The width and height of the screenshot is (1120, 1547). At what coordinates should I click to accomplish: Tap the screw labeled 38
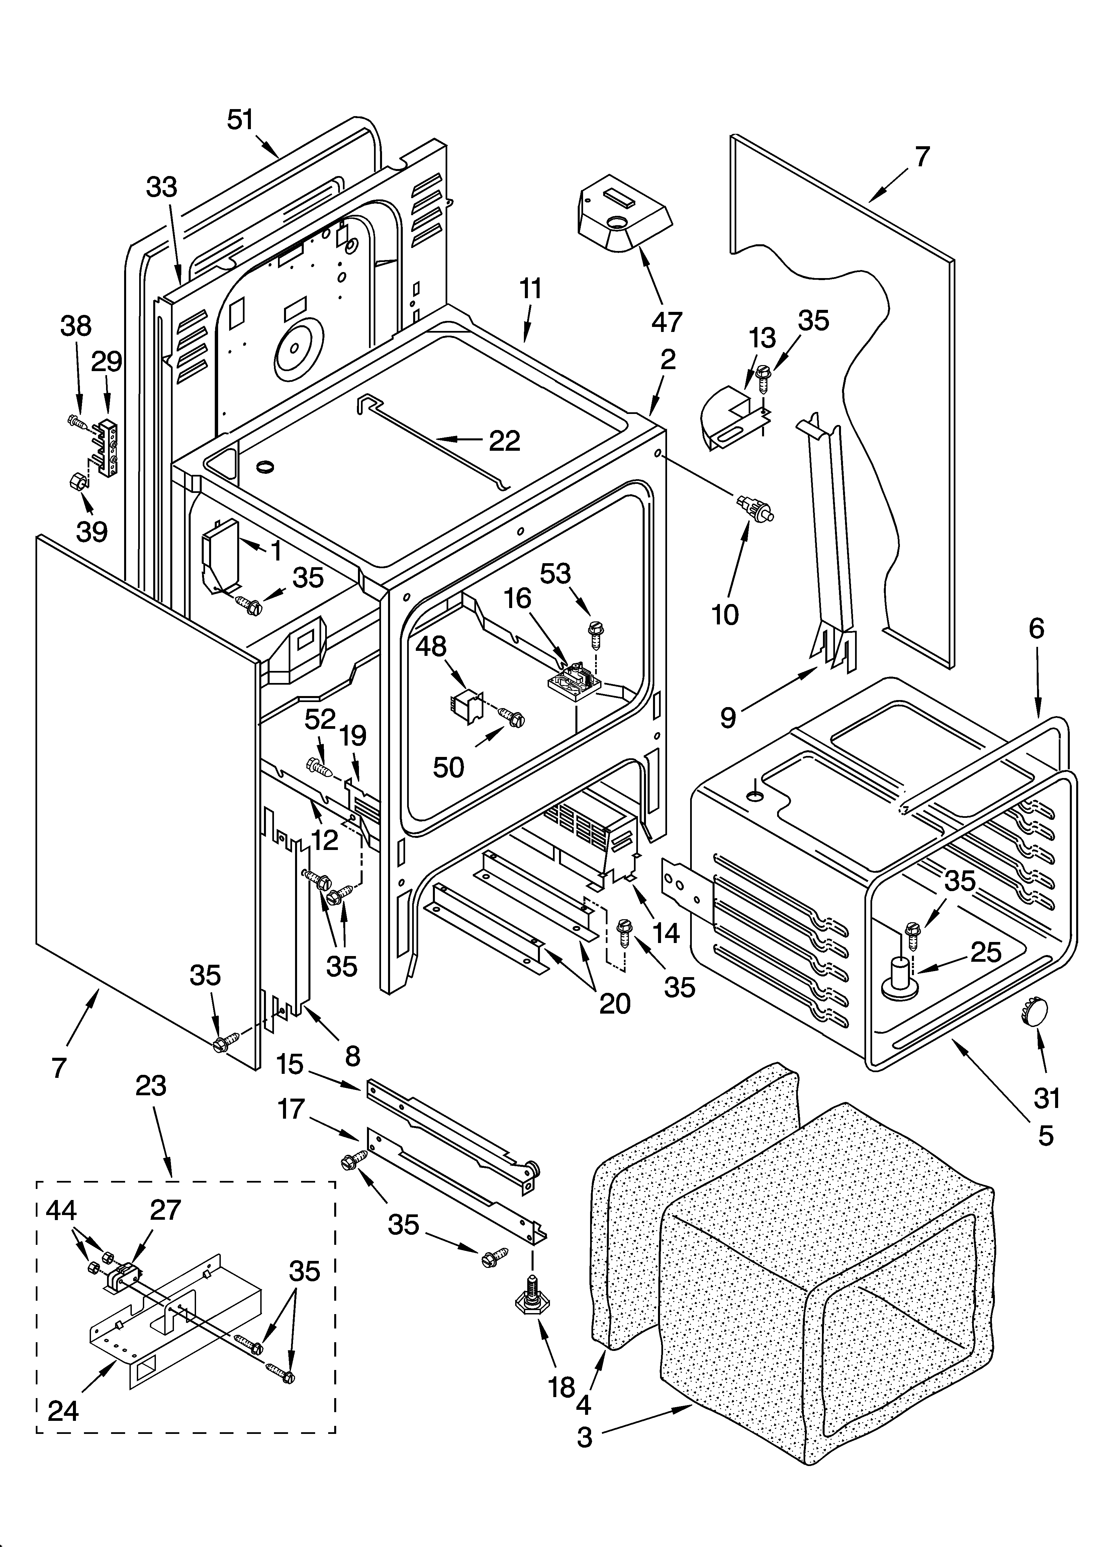pos(76,423)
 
